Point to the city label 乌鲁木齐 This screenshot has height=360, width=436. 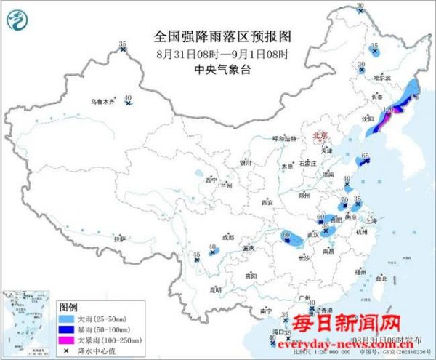pos(102,103)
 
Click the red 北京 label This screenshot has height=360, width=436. pos(320,135)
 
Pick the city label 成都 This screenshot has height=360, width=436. pos(227,237)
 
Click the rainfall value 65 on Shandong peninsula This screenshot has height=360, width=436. pos(366,156)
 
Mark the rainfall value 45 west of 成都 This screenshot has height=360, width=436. pos(196,253)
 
